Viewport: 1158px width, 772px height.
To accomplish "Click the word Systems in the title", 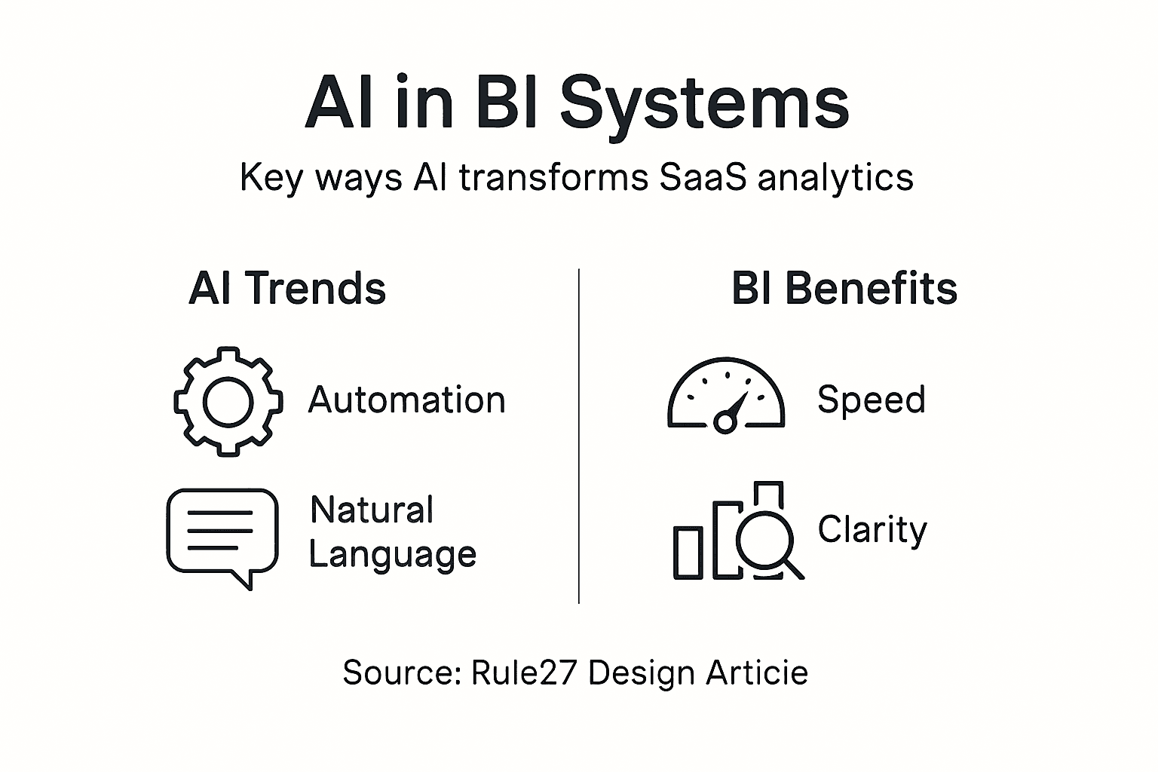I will click(704, 104).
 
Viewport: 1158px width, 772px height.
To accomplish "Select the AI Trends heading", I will click(287, 289).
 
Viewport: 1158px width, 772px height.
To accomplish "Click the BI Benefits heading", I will click(844, 289).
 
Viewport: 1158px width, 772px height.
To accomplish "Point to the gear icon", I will click(228, 401).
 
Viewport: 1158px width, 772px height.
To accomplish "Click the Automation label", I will click(406, 400).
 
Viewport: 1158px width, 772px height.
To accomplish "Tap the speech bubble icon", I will click(222, 534).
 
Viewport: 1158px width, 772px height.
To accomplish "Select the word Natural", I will click(372, 510).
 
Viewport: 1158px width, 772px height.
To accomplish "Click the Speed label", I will click(871, 400).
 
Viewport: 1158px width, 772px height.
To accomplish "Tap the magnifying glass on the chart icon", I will click(766, 541).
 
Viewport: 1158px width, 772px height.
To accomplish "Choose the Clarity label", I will click(872, 530).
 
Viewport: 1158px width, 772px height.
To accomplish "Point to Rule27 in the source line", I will click(524, 672).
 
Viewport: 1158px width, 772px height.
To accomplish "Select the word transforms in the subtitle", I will click(553, 178).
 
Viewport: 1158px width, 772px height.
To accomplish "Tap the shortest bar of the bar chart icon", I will click(688, 553).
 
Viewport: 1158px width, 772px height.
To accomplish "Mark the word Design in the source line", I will click(642, 672).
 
